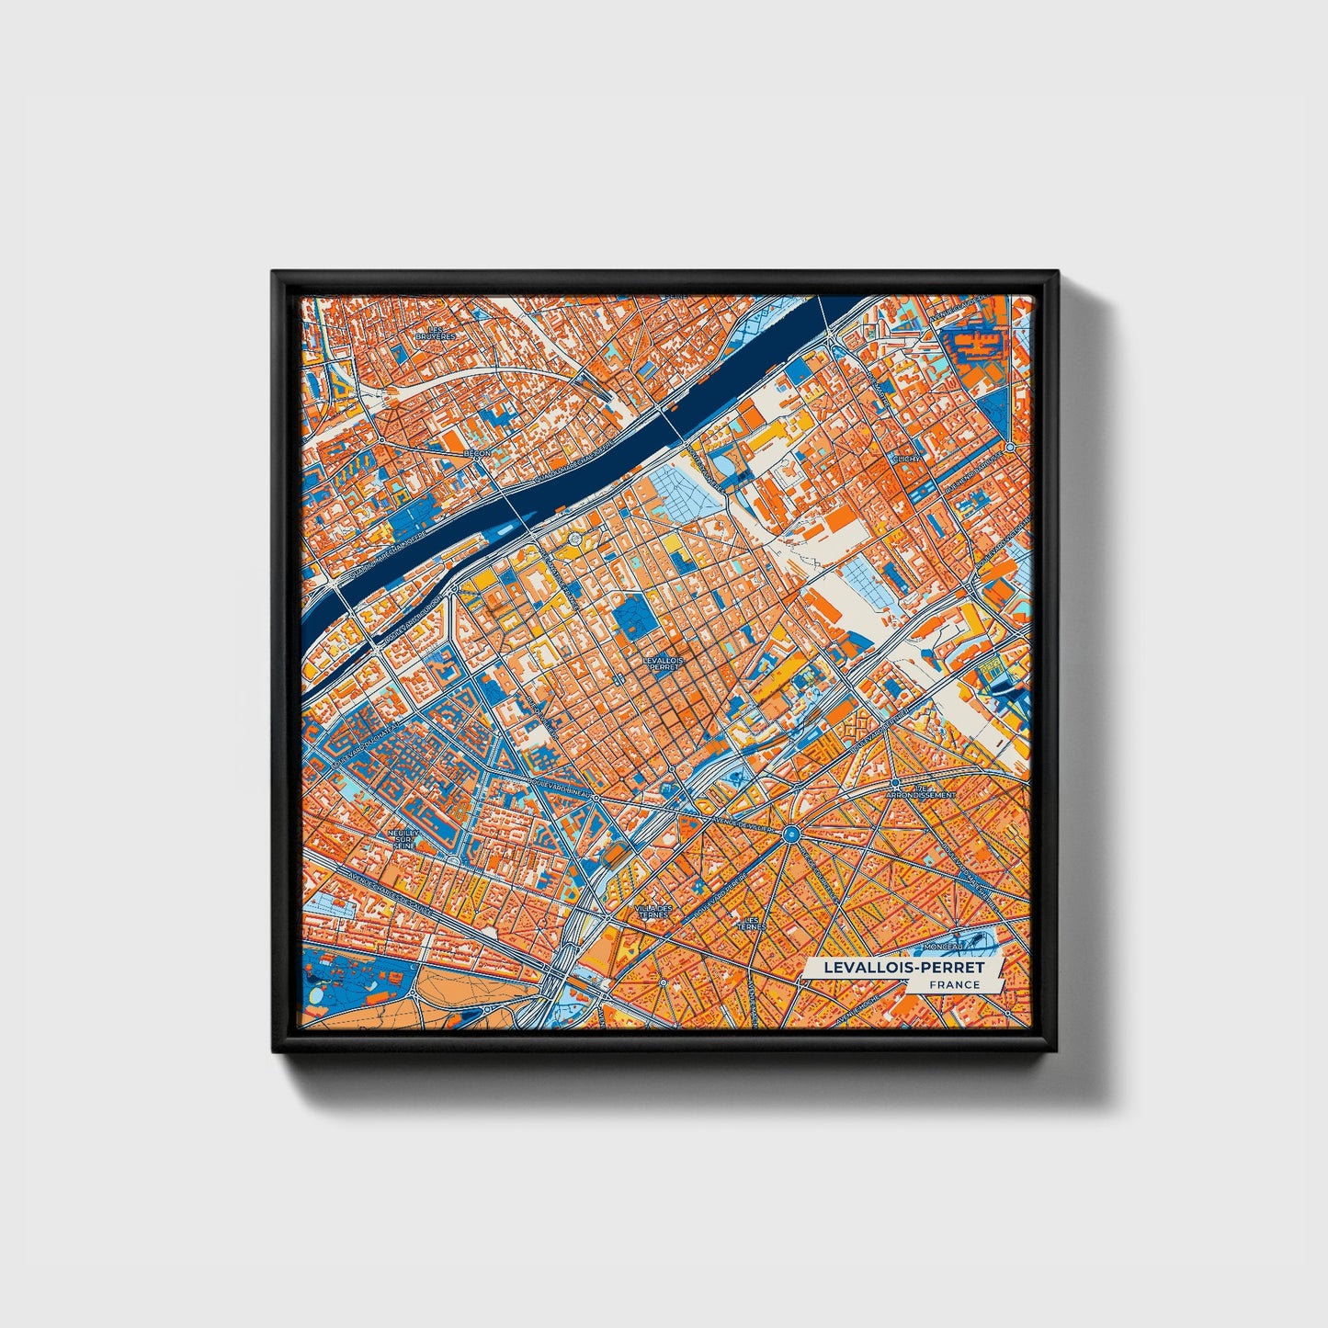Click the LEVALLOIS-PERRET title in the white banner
903,968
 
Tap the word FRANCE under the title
954,984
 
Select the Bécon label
478,453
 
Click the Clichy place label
906,458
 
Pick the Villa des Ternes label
653,911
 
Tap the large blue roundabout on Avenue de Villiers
791,834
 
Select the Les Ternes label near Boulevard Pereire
753,922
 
